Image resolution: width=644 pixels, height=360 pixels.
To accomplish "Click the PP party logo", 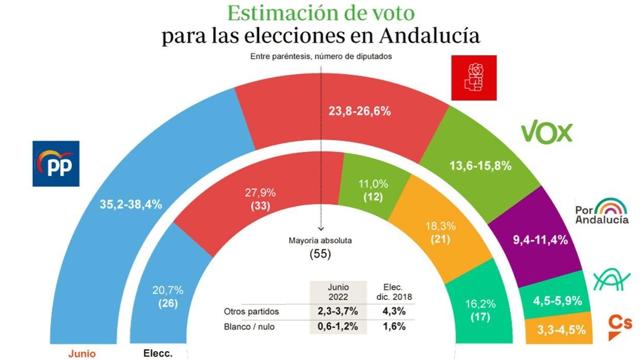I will point(56,163).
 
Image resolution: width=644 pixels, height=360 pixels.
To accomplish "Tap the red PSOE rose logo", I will point(474,78).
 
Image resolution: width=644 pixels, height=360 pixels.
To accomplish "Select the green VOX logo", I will point(546,132).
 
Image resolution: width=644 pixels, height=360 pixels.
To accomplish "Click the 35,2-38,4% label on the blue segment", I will point(131,204).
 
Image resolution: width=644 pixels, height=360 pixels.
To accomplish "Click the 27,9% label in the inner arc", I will point(260,193).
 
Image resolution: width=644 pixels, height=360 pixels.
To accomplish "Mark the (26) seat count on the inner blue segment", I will point(167,304).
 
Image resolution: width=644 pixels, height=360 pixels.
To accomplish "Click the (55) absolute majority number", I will point(320,254).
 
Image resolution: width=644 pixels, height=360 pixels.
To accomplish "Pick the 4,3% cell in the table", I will point(394,312).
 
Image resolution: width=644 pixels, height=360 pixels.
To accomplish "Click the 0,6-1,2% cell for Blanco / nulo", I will point(338,326).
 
